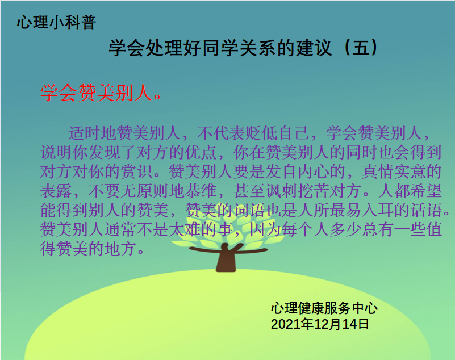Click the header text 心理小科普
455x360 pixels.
[56, 23]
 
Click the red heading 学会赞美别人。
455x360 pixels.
[100, 93]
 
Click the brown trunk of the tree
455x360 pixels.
[225, 261]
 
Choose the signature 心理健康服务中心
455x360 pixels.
[324, 309]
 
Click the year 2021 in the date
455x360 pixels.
[284, 325]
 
